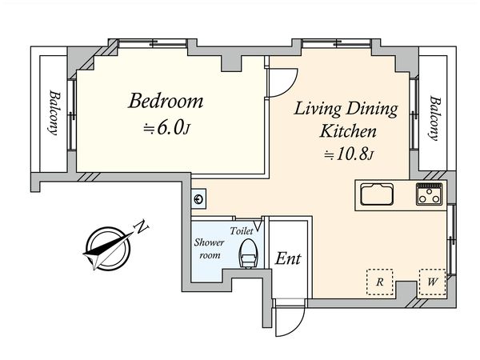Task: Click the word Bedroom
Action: (166, 101)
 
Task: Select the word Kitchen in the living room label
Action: (348, 131)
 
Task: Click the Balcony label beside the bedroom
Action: (54, 112)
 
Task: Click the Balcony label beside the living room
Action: (435, 118)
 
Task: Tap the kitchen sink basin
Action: (377, 194)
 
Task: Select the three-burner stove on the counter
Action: (429, 194)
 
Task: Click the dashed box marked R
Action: (380, 282)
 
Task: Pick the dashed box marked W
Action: (432, 282)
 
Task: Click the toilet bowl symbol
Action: (249, 254)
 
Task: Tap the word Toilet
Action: (242, 231)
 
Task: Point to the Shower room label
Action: (210, 248)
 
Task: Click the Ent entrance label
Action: (288, 258)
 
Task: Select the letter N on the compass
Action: (141, 227)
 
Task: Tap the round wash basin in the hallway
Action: (198, 199)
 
